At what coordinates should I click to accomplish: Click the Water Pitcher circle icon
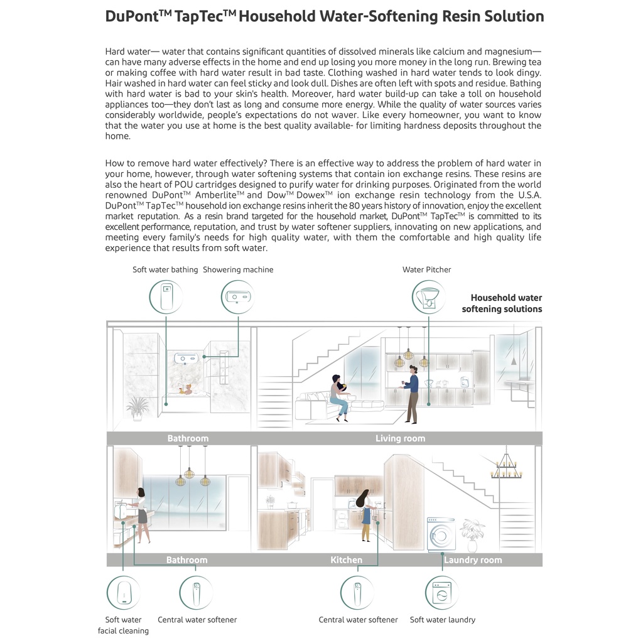[428, 297]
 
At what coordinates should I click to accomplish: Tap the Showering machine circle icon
[238, 297]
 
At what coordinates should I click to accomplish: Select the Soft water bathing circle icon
[166, 297]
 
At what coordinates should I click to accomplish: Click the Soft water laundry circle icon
[442, 593]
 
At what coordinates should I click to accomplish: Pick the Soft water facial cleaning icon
[124, 593]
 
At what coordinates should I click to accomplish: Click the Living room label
[400, 438]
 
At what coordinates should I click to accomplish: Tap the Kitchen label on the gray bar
[347, 559]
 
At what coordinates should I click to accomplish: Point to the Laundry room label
[473, 559]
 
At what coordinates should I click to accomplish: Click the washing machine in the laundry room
[441, 535]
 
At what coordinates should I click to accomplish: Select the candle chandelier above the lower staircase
[507, 466]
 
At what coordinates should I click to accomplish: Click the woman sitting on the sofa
[340, 397]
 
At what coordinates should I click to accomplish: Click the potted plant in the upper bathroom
[138, 408]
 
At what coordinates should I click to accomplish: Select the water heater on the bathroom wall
[186, 359]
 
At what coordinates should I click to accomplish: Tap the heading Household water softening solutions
[502, 303]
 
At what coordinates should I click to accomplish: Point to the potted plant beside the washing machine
[472, 536]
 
